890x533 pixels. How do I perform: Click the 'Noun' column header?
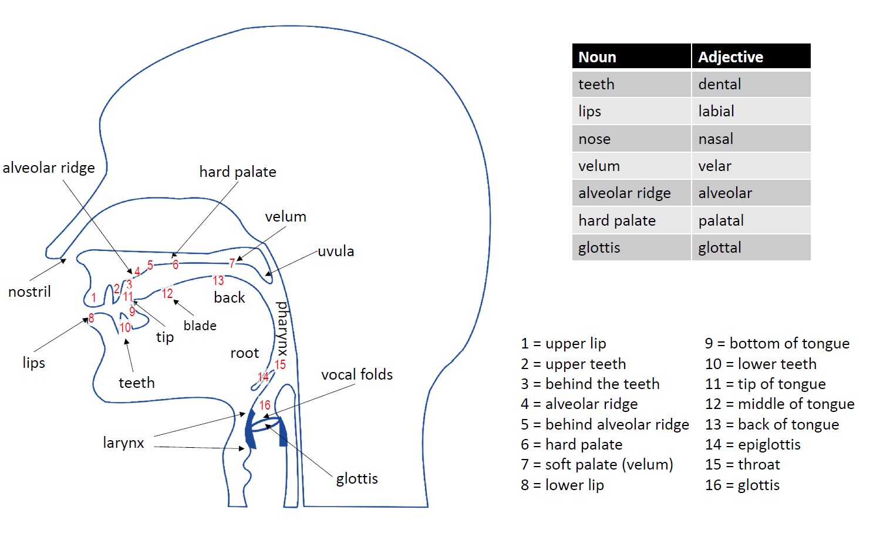597,57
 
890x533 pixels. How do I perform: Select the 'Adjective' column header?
730,57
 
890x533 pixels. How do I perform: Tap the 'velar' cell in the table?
714,166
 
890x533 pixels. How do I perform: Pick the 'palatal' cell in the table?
720,220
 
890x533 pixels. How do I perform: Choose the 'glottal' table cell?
719,247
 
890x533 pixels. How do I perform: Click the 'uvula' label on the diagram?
336,252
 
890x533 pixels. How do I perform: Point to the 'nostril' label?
29,291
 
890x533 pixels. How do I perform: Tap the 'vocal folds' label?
357,374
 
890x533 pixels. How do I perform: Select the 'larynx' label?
123,443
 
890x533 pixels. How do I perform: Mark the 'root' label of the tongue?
244,353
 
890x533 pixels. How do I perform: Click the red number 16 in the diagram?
265,405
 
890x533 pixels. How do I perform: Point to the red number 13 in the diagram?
218,281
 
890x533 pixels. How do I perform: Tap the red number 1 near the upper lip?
93,298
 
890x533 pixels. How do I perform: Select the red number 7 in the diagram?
232,263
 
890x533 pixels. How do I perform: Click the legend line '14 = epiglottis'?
753,444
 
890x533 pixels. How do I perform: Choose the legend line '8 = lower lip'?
562,485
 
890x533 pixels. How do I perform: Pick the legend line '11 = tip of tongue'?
765,384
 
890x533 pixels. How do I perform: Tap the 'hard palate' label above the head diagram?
237,172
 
